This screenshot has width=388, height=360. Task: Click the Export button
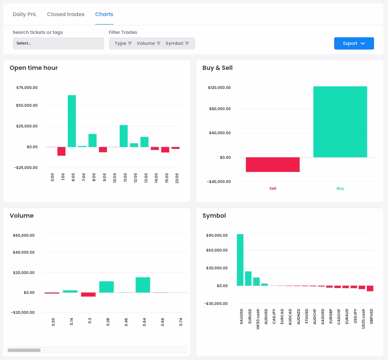click(x=354, y=43)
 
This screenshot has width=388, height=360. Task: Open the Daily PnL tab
click(x=25, y=14)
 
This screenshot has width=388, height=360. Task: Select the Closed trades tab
click(x=66, y=14)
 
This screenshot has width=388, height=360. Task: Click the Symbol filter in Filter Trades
click(x=177, y=43)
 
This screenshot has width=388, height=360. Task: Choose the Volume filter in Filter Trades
click(x=149, y=43)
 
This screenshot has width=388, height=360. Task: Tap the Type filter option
click(x=123, y=43)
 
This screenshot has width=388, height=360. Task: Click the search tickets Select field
click(x=58, y=43)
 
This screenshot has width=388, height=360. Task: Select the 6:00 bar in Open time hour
click(x=72, y=121)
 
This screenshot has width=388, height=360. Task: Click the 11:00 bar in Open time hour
click(x=124, y=136)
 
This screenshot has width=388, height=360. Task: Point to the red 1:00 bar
click(x=61, y=151)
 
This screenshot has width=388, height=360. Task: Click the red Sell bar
click(x=273, y=164)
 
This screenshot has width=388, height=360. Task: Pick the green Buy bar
click(x=340, y=122)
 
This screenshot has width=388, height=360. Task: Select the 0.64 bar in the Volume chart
click(x=143, y=285)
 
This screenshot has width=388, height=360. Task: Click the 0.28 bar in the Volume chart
click(x=106, y=287)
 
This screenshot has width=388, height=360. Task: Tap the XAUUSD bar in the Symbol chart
click(x=240, y=260)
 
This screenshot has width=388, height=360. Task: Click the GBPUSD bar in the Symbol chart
click(x=370, y=288)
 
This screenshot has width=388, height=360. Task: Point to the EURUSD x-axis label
click(x=249, y=316)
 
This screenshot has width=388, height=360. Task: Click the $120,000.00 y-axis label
click(x=219, y=88)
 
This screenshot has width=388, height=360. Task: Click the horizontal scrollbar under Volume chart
click(x=24, y=350)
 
